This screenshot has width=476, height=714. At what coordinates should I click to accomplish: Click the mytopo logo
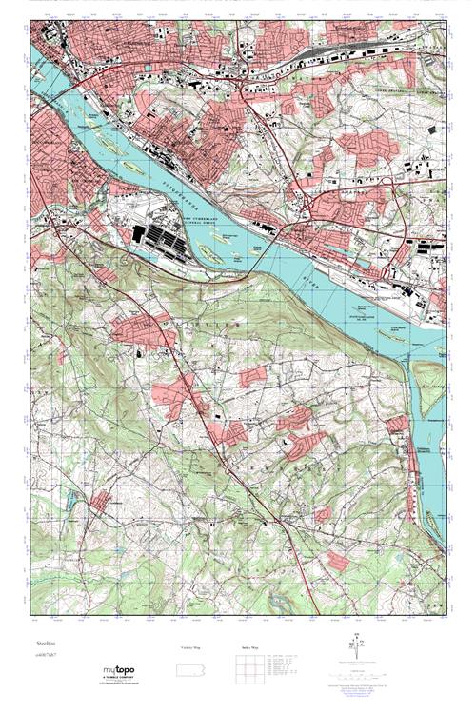122,671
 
